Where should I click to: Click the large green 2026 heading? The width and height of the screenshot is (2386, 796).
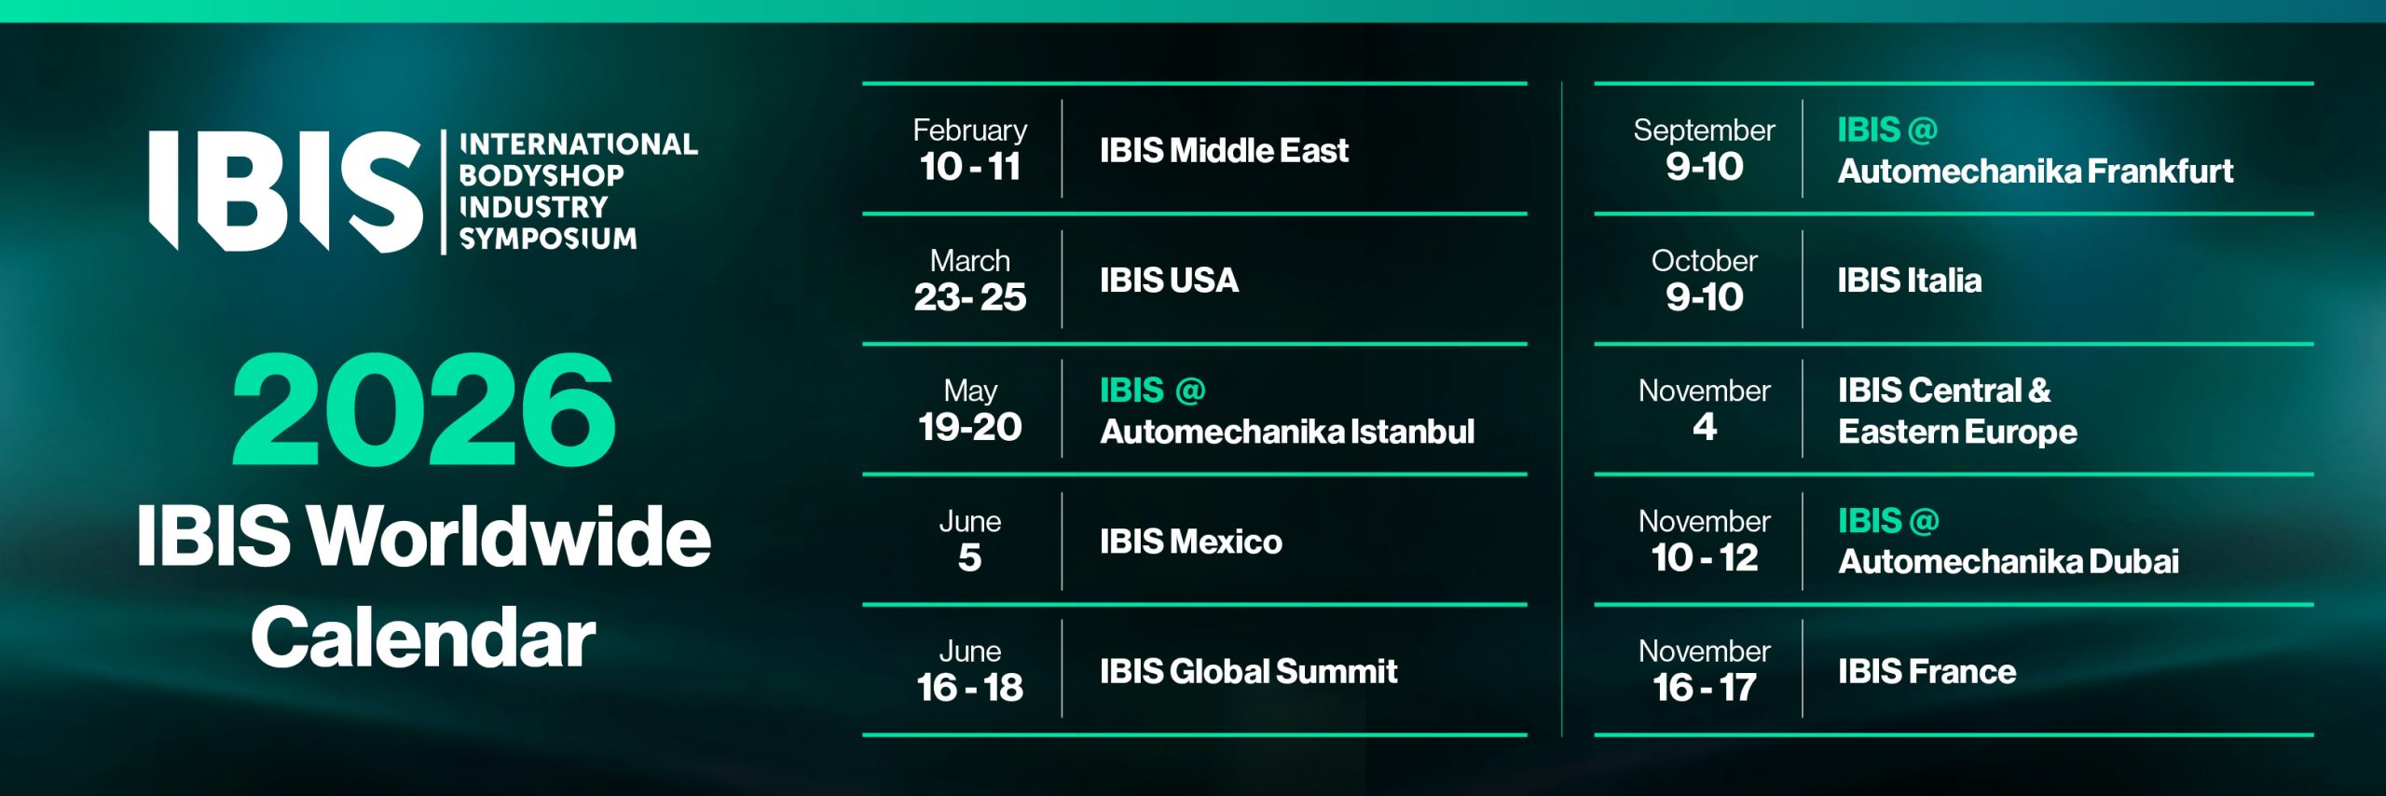[424, 409]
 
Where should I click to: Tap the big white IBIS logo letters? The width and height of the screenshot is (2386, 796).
[285, 191]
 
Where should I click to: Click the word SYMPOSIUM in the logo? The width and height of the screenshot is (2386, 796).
[548, 239]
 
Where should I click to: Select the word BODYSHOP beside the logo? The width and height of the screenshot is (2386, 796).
[542, 175]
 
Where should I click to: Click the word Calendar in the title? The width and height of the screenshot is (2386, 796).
[423, 637]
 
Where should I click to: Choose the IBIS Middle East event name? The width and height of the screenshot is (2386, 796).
[1224, 150]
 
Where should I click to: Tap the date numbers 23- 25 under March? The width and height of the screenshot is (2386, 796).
[969, 297]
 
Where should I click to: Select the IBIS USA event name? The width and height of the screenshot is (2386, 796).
[1169, 280]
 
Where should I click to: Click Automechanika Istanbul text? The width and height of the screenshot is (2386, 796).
[1287, 432]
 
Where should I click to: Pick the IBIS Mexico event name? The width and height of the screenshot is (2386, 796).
[1190, 542]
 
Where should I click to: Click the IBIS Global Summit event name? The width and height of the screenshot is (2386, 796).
[1248, 671]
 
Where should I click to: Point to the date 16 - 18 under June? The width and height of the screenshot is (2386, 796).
[969, 688]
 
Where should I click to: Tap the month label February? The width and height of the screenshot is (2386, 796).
[969, 130]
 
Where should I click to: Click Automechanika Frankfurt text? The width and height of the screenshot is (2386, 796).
[2036, 172]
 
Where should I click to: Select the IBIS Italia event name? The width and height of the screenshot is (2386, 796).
[1910, 280]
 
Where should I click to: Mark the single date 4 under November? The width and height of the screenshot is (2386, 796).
[1705, 427]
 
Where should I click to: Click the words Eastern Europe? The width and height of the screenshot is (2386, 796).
[1957, 432]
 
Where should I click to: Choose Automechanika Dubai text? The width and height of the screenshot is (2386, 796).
[2009, 561]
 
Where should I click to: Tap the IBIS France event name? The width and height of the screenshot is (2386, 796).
[1927, 671]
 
